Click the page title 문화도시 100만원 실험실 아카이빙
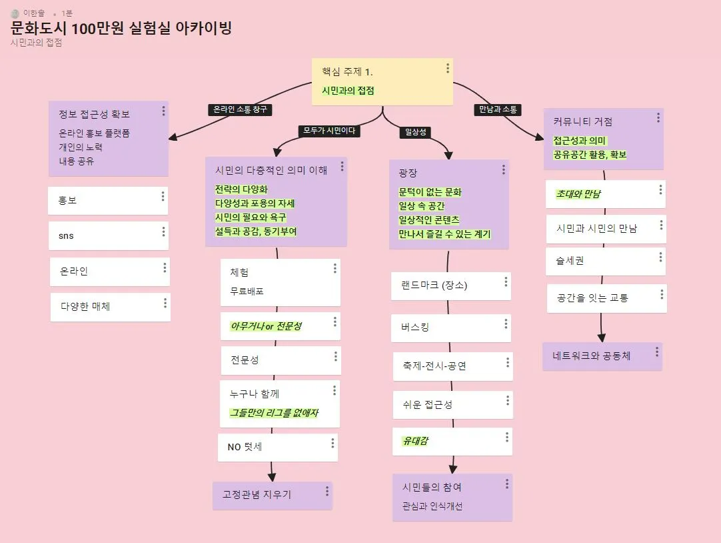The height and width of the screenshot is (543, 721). (121, 29)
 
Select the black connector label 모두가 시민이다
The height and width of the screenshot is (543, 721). (329, 131)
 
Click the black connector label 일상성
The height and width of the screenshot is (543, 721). (414, 132)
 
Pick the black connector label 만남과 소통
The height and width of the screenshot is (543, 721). (497, 109)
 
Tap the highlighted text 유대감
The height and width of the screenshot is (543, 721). (415, 441)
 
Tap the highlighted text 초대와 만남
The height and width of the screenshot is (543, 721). (579, 194)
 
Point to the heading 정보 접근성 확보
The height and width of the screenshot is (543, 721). (94, 113)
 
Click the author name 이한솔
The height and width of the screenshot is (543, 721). (33, 13)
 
